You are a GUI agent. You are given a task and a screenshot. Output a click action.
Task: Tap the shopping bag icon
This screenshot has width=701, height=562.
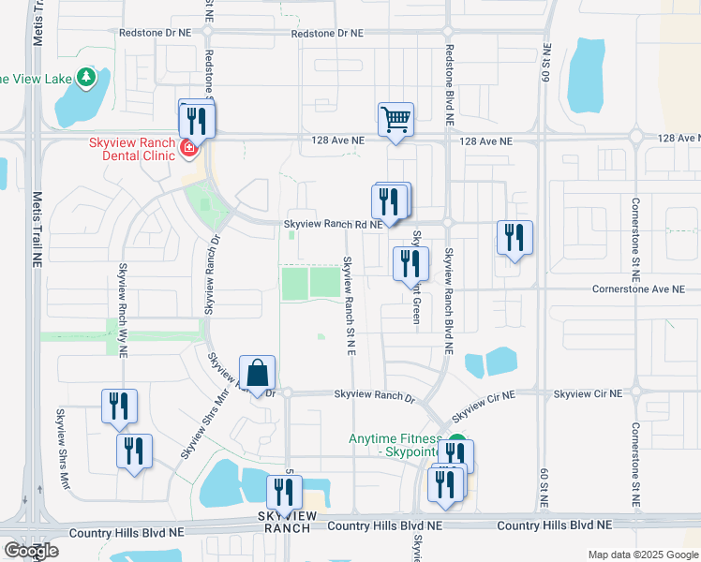(x=257, y=374)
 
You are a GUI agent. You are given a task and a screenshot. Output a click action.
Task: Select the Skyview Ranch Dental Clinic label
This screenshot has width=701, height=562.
(x=131, y=149)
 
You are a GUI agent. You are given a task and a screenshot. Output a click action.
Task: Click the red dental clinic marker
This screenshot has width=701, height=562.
(x=188, y=147)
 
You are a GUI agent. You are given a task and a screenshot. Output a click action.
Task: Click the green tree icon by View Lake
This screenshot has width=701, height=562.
(x=86, y=76)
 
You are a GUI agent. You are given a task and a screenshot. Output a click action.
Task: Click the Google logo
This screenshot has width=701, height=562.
(x=31, y=551)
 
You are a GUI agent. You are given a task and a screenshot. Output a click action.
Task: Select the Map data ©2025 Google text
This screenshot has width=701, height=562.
(x=642, y=555)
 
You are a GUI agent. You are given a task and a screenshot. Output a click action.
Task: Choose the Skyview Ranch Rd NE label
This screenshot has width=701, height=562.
(x=333, y=225)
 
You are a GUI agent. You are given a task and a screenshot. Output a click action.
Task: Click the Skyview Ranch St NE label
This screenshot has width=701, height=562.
(x=348, y=304)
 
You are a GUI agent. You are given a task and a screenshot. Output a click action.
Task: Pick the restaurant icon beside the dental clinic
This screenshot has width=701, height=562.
(x=197, y=121)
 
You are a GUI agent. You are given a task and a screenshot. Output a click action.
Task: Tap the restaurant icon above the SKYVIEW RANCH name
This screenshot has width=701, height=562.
(x=283, y=493)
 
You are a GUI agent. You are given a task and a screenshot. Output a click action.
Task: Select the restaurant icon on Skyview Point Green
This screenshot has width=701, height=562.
(x=410, y=263)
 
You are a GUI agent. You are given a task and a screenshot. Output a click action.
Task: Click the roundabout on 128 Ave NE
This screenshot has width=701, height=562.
(x=636, y=138)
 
